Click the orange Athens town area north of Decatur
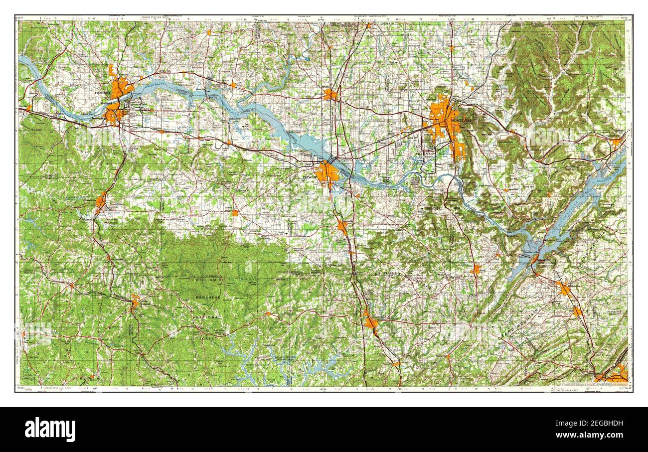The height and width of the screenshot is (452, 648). point(330,94)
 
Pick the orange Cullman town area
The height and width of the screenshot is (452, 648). point(370,322)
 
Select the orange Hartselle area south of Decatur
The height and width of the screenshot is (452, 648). point(342,227)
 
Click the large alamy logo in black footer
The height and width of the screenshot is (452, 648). point(50,429)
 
